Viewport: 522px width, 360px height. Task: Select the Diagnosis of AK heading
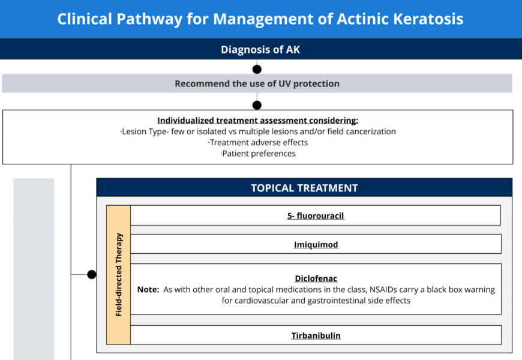coord(260,50)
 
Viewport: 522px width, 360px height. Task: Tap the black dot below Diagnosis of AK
coord(257,69)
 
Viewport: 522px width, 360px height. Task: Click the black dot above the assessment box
coord(257,105)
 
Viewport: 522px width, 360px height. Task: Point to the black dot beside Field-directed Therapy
coord(92,274)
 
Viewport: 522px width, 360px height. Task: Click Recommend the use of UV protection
coord(257,83)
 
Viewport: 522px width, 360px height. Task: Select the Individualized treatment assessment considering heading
coord(257,120)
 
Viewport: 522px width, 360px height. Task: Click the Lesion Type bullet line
coord(257,131)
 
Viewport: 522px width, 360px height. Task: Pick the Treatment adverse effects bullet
coord(258,143)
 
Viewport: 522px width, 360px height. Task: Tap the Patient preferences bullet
coord(258,154)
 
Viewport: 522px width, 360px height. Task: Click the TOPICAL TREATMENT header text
coord(304,188)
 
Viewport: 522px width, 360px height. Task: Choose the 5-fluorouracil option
coord(316,216)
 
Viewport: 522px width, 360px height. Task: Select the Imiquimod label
coord(316,245)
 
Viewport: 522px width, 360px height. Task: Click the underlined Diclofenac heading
coord(316,278)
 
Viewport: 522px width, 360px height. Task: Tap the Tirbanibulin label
coord(316,335)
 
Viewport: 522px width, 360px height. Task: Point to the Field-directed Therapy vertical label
coord(119,275)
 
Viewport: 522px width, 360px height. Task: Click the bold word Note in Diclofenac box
coord(148,290)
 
